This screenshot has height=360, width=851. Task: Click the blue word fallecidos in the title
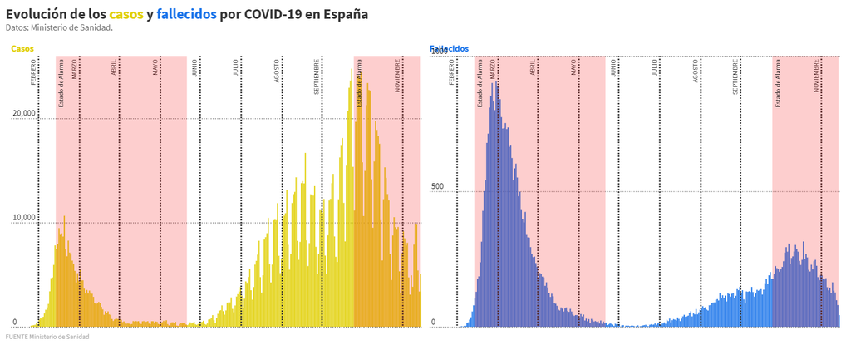pyautogui.click(x=186, y=15)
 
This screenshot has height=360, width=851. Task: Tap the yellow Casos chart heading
pyautogui.click(x=22, y=49)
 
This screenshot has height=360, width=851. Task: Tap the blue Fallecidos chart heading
pyautogui.click(x=450, y=49)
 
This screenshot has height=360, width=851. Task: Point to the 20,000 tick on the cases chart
pyautogui.click(x=24, y=113)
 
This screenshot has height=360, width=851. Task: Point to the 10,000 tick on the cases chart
pyautogui.click(x=24, y=218)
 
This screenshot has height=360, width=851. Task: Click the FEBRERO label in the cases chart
pyautogui.click(x=34, y=72)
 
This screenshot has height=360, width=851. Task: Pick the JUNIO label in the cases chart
pyautogui.click(x=195, y=67)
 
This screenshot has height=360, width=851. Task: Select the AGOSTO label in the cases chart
pyautogui.click(x=278, y=70)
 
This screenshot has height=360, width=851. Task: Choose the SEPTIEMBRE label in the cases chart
pyautogui.click(x=317, y=75)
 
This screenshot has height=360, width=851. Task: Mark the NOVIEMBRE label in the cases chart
pyautogui.click(x=399, y=75)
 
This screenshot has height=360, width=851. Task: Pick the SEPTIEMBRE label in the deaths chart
pyautogui.click(x=736, y=75)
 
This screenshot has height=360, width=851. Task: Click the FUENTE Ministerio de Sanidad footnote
pyautogui.click(x=47, y=337)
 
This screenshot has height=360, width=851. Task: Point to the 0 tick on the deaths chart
pyautogui.click(x=433, y=322)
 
